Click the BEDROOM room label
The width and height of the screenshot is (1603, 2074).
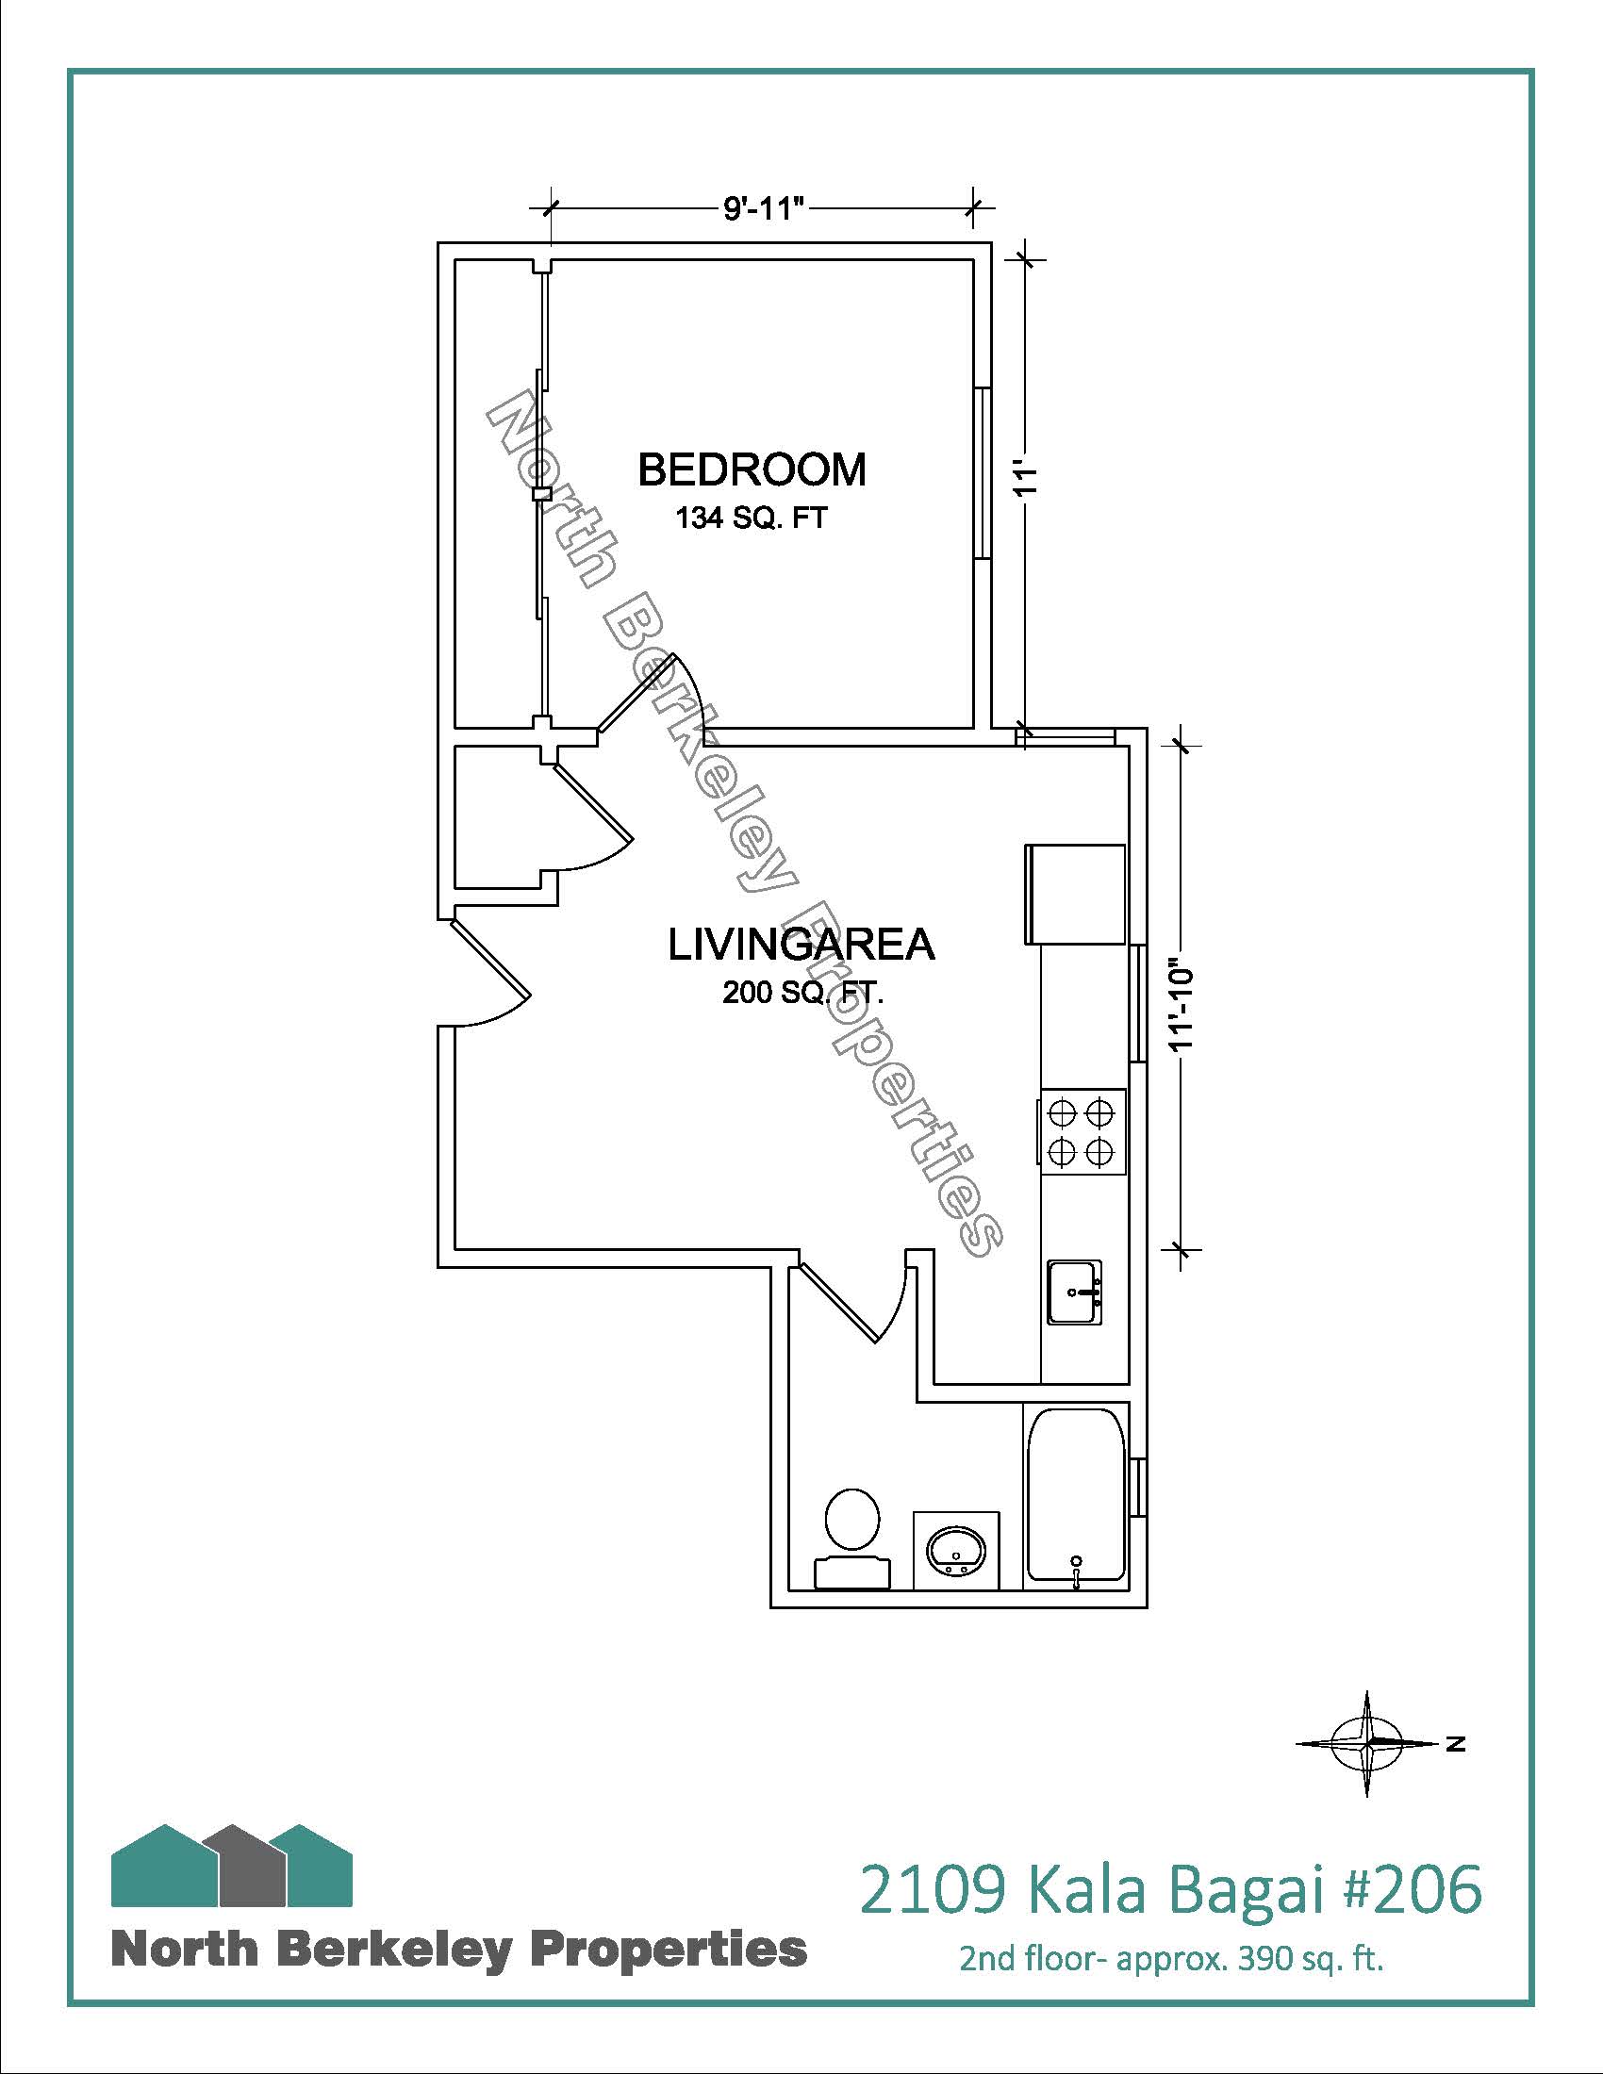pyautogui.click(x=752, y=470)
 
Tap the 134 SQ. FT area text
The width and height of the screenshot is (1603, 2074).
pyautogui.click(x=752, y=518)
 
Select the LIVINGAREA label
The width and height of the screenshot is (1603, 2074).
pyautogui.click(x=802, y=945)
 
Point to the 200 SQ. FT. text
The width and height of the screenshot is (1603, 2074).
pyautogui.click(x=803, y=994)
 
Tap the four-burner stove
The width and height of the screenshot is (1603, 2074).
pyautogui.click(x=1083, y=1131)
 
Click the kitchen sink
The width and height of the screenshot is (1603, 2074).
pyautogui.click(x=1075, y=1291)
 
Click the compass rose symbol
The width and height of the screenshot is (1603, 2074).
pyautogui.click(x=1366, y=1743)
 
